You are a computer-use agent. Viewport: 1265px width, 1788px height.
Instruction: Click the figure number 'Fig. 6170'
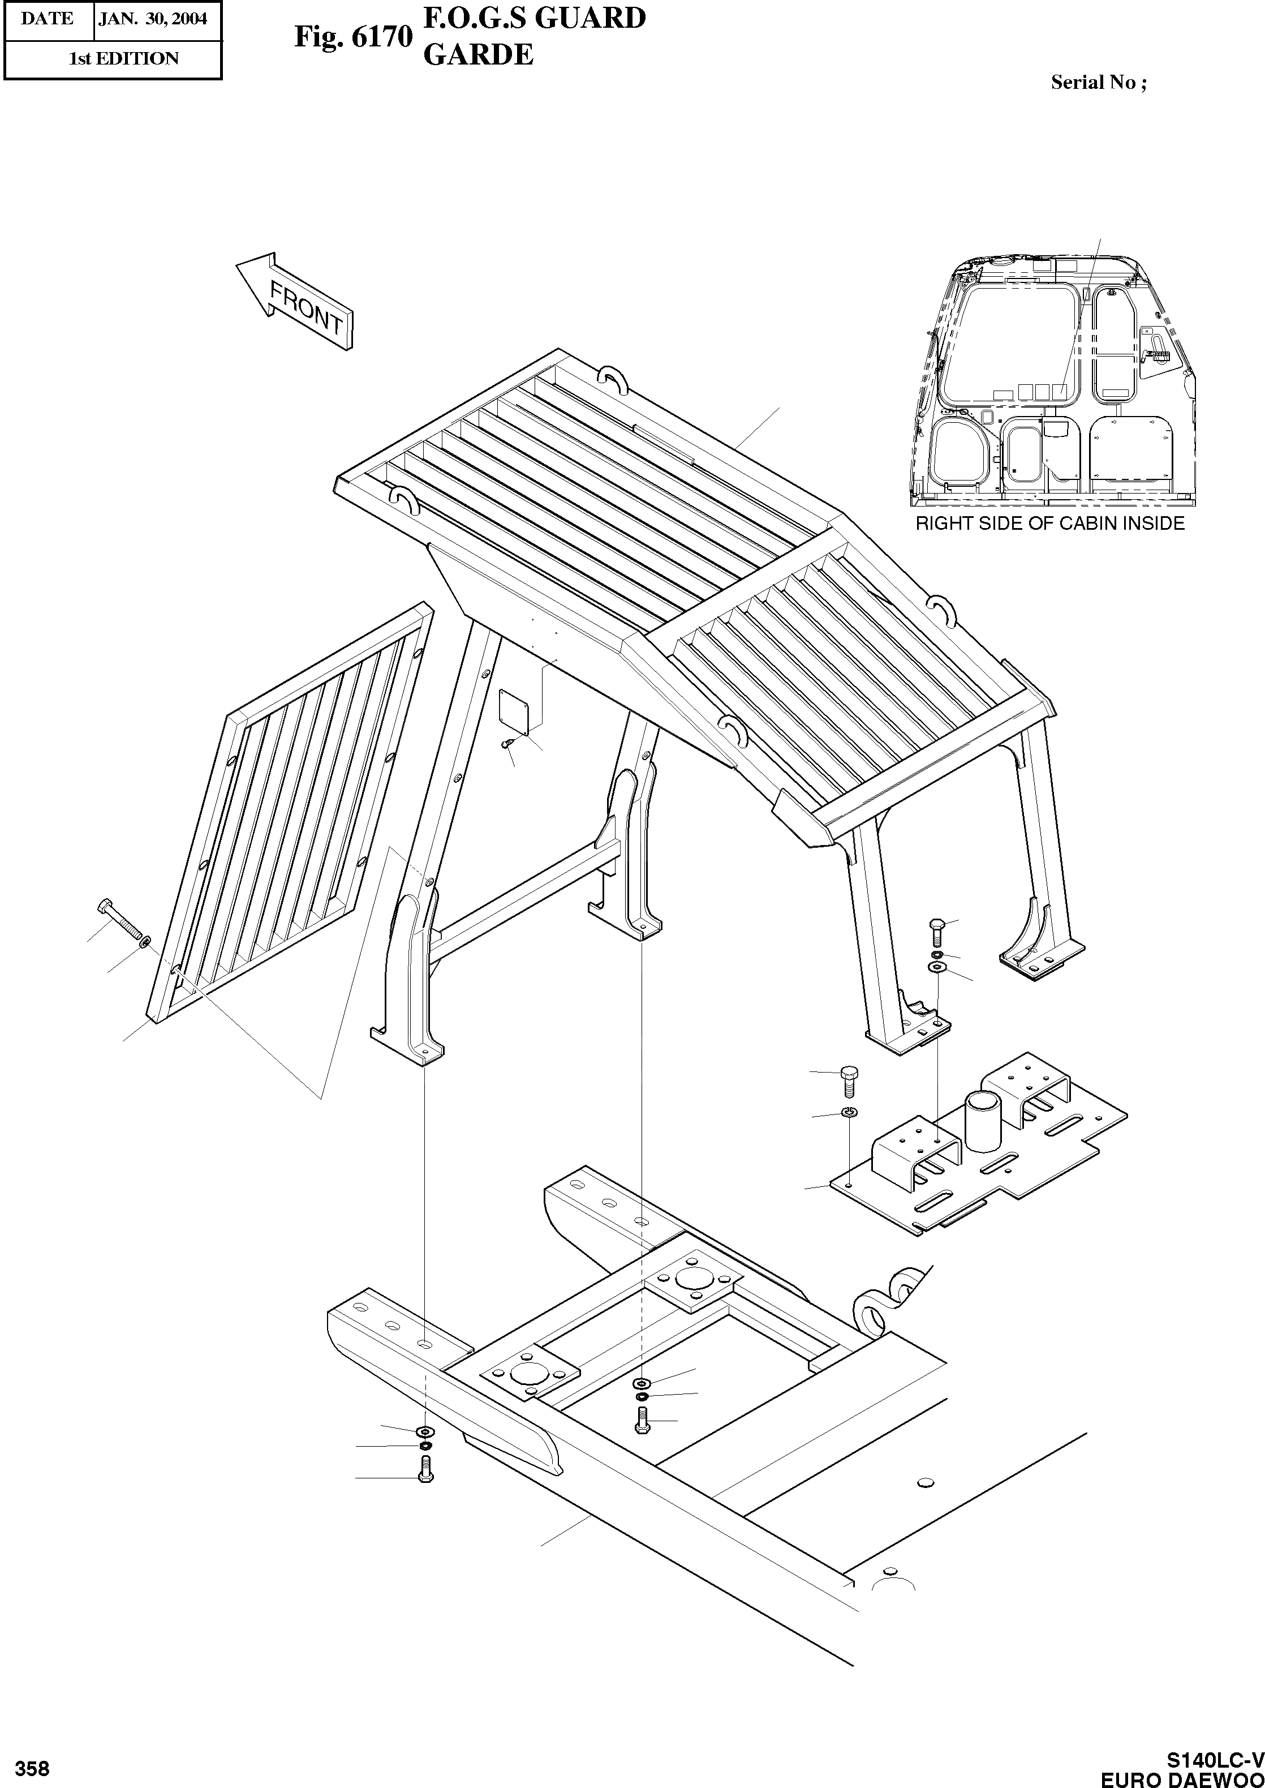(352, 37)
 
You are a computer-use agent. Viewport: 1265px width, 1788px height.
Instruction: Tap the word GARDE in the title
(477, 54)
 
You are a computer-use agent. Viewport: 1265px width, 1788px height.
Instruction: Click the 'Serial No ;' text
(1098, 83)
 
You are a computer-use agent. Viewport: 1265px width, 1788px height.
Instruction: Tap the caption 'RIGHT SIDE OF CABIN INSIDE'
(1049, 524)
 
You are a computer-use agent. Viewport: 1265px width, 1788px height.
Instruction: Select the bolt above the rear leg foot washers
(937, 931)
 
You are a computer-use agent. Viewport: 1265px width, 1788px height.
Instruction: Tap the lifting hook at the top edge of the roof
(612, 380)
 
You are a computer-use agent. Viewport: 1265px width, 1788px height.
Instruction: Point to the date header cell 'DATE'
(48, 19)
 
